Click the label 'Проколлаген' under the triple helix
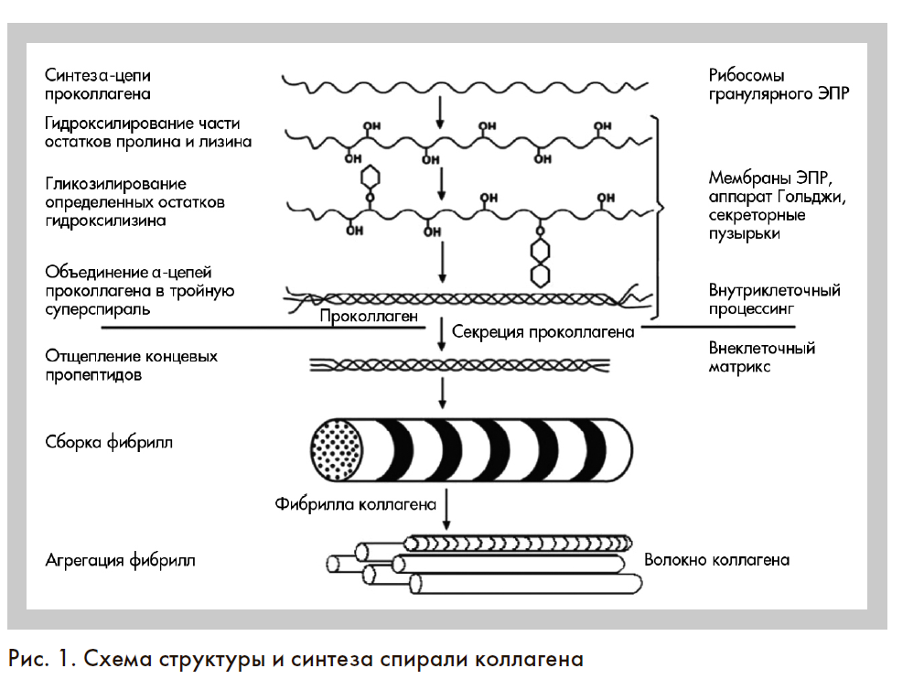[369, 317]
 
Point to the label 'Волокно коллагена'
[716, 560]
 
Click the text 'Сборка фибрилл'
[109, 442]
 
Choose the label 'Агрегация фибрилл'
[120, 560]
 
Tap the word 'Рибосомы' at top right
[747, 75]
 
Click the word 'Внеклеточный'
[761, 349]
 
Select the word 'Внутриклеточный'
[774, 290]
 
